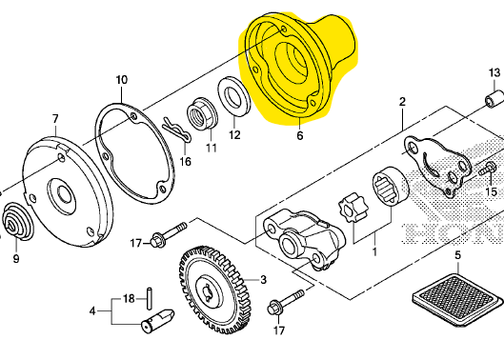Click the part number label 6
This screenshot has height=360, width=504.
click(299, 135)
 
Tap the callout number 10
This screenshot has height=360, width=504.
click(122, 80)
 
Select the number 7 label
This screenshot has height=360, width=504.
click(55, 119)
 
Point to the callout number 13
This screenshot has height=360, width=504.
click(494, 72)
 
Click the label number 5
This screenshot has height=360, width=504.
click(457, 255)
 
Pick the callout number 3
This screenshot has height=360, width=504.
click(263, 280)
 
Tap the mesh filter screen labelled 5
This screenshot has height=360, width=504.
click(457, 300)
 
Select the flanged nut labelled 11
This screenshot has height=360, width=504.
click(203, 114)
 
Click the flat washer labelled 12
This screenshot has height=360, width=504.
click(234, 96)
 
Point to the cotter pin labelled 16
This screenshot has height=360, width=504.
click(177, 130)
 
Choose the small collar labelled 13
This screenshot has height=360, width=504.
click(494, 100)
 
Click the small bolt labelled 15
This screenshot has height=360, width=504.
click(487, 169)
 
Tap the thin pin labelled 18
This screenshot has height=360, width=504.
click(150, 299)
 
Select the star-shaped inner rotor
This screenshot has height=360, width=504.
click(353, 208)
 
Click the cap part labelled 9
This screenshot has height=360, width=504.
click(18, 221)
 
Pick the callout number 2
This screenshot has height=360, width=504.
click(402, 102)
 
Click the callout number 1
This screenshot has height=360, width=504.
click(374, 251)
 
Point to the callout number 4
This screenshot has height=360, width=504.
click(92, 311)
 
